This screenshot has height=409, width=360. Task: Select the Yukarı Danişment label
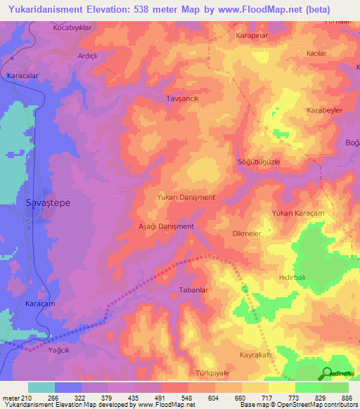tap(186, 197)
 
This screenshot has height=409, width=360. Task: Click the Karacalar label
tap(21, 75)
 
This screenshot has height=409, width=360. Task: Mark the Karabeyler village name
tap(325, 111)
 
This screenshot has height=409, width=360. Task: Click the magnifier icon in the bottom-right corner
tap(327, 373)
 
